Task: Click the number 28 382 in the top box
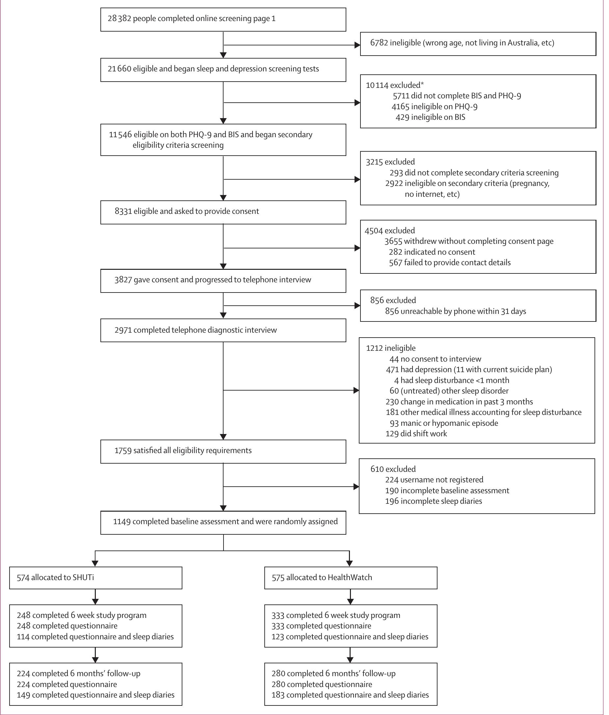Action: [119, 19]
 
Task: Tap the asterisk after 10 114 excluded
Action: [422, 84]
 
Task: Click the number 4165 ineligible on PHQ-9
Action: [400, 107]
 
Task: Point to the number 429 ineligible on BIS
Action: [402, 117]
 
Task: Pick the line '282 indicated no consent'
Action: [432, 252]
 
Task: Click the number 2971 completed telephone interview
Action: [123, 330]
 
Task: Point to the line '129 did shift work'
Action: [416, 434]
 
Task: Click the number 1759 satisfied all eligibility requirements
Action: [123, 450]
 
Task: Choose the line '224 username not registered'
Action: [434, 480]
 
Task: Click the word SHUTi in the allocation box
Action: [83, 577]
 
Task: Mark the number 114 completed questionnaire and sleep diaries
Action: [23, 637]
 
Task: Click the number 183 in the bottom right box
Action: [278, 695]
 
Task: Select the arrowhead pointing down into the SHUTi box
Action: [95, 563]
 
